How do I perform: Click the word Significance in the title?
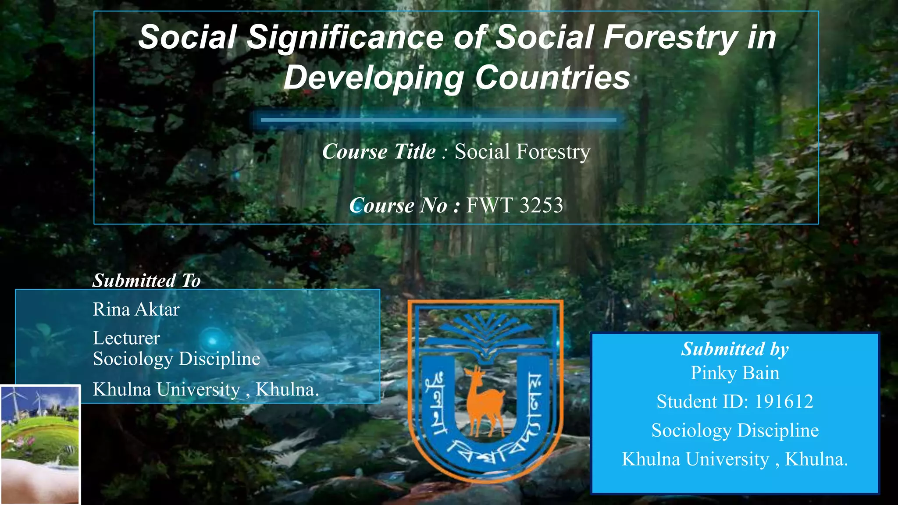tap(345, 37)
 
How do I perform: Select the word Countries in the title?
tap(552, 78)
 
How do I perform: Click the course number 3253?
tap(541, 205)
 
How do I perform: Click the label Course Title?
tap(379, 152)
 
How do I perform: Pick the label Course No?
tap(398, 205)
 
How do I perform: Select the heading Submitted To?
tap(146, 281)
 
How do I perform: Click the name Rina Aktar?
tap(136, 309)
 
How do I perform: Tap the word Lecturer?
tap(126, 338)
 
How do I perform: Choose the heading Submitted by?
tap(735, 349)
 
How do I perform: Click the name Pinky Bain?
tap(735, 373)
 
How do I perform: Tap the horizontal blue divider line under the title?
tap(438, 120)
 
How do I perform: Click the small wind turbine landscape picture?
tap(40, 444)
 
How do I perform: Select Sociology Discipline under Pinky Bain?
tap(735, 430)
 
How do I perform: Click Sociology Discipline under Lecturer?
tap(176, 359)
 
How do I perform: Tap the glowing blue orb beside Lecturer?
tap(213, 341)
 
